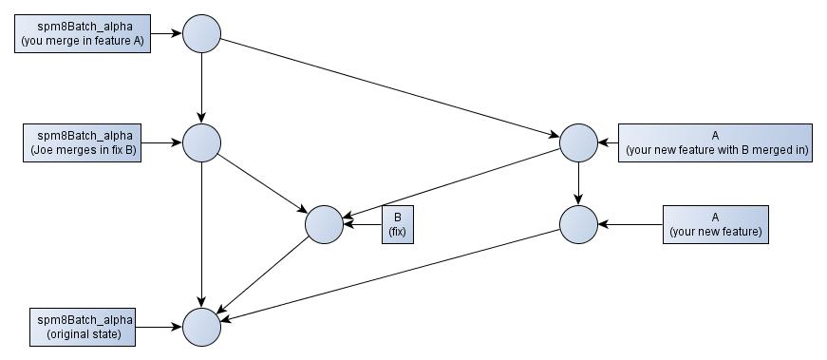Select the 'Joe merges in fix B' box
[82, 142]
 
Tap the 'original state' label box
[82, 327]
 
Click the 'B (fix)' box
[398, 224]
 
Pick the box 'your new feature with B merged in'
[715, 142]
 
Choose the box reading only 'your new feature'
[715, 224]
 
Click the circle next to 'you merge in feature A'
[201, 34]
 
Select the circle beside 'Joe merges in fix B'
[201, 142]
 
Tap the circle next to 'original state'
[201, 327]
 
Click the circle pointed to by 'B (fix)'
[324, 224]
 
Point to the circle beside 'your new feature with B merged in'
[578, 142]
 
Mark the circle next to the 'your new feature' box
[578, 224]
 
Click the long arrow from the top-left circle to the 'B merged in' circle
[389, 88]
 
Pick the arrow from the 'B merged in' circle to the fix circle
[451, 183]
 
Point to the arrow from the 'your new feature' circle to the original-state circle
[389, 275]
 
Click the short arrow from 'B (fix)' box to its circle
[363, 224]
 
